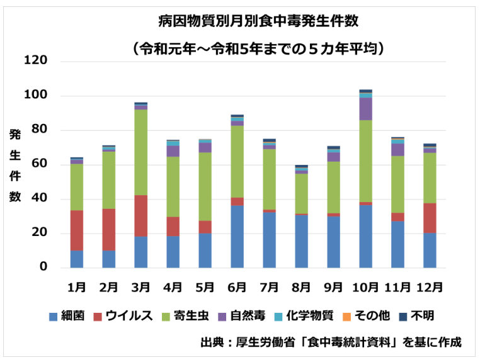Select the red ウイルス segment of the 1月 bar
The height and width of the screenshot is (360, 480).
point(76,230)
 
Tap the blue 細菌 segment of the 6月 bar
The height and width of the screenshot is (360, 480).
point(237,237)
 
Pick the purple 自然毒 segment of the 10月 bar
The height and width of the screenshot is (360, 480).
point(365,109)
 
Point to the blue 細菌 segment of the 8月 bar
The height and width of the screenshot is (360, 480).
point(301,241)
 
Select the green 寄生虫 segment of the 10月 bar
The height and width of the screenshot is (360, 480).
point(365,161)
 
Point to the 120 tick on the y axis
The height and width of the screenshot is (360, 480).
point(36,61)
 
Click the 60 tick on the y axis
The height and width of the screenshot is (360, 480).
point(39,165)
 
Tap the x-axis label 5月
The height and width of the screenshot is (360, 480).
point(205,286)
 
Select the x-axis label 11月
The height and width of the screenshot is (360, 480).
point(397,286)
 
